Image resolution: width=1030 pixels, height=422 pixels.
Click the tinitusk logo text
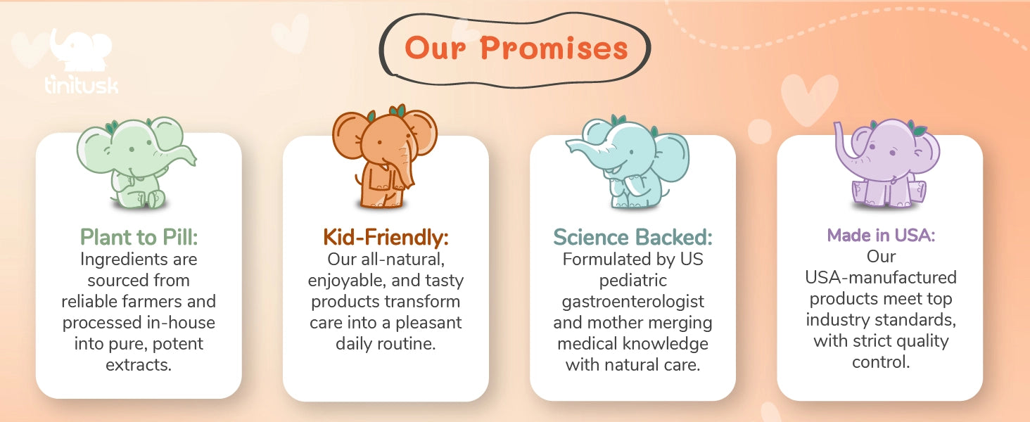82,84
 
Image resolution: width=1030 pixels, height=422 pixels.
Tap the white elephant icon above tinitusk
81,50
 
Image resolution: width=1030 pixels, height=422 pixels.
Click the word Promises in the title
554,49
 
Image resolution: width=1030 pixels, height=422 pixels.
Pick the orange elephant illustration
385,156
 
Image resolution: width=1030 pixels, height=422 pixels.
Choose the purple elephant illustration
886,163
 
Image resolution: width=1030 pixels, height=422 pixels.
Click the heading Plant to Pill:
139,237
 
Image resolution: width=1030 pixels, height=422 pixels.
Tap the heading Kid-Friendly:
386,237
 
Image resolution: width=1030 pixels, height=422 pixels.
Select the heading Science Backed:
632,237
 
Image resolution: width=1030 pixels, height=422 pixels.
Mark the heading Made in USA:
881,236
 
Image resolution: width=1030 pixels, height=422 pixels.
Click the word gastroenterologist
632,302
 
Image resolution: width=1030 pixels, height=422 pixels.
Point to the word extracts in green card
139,365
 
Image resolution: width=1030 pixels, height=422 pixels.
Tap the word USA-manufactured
881,278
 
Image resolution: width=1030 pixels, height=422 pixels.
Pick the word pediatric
632,281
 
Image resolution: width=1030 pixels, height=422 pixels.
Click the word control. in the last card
881,362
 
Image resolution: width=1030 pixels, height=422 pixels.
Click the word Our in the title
435,49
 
